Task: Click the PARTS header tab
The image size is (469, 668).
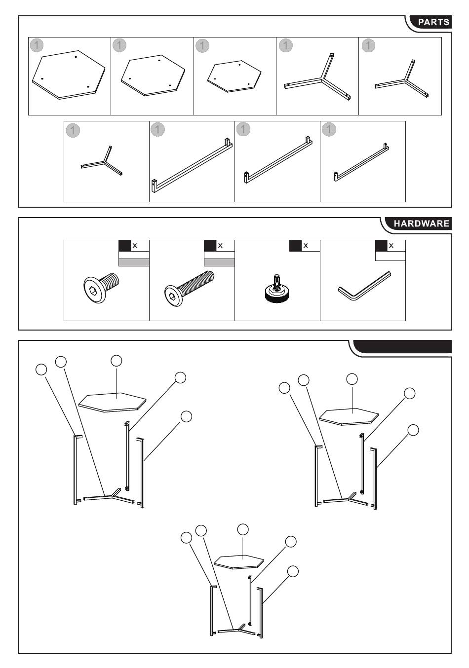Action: [433, 22]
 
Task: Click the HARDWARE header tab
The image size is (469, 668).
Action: [421, 223]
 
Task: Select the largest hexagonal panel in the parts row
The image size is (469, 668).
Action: [69, 75]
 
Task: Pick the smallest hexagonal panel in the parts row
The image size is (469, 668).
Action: [234, 77]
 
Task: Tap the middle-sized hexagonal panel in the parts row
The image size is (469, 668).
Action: [153, 75]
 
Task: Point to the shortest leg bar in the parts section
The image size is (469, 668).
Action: [361, 162]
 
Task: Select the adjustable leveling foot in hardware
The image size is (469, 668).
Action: [276, 291]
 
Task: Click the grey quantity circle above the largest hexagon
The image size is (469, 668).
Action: [37, 45]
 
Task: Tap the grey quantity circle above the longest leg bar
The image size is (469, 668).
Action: [157, 129]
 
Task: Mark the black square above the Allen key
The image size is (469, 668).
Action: [381, 246]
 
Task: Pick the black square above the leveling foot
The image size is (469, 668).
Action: [295, 246]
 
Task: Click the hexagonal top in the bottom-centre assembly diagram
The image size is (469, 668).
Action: [239, 561]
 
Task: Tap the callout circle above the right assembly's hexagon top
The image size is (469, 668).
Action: [352, 379]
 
